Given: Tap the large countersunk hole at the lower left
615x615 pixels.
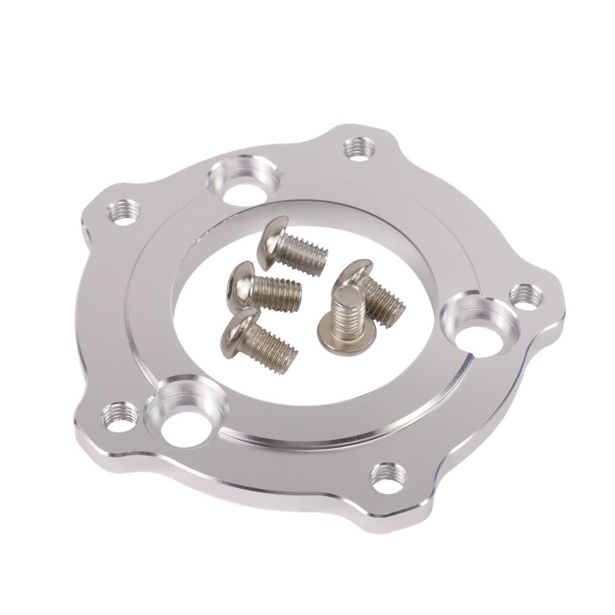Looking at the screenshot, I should pos(184,410).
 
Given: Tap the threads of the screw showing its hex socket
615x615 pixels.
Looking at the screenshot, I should pos(276,292).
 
